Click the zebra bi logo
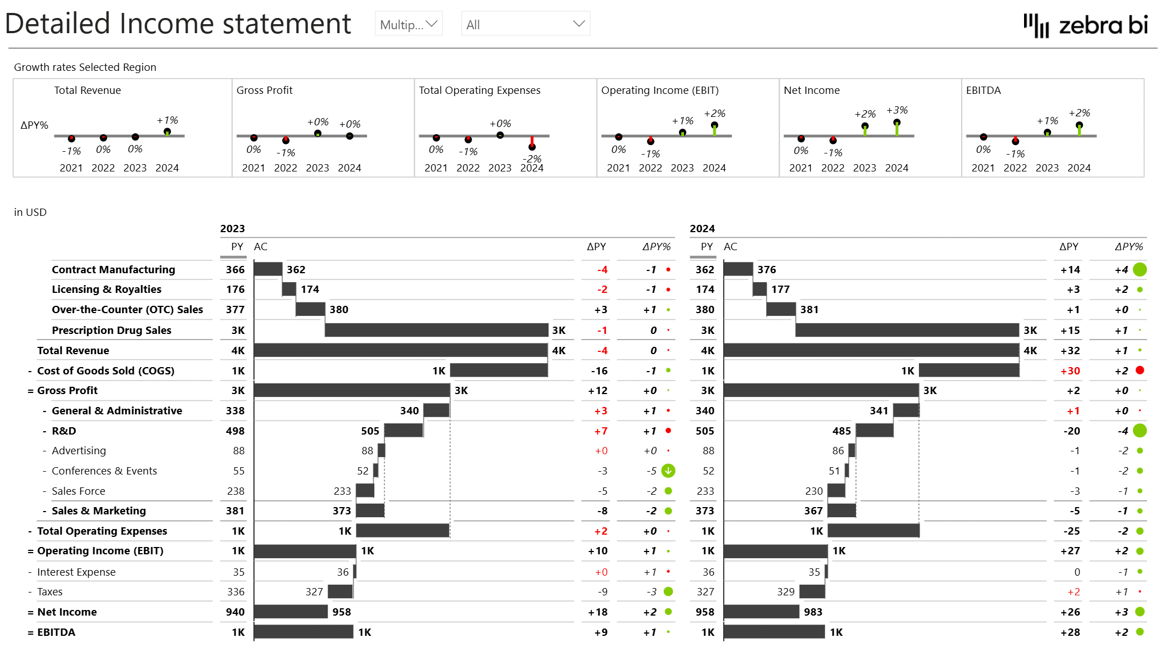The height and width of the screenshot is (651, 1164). pyautogui.click(x=1085, y=25)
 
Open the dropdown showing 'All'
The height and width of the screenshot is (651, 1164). pyautogui.click(x=525, y=24)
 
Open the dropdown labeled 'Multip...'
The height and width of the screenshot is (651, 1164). pyautogui.click(x=409, y=24)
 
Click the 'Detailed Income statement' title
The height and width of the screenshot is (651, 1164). pyautogui.click(x=178, y=24)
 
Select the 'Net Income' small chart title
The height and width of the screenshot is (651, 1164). pyautogui.click(x=811, y=90)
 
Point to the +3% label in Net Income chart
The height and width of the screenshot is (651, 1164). pyautogui.click(x=896, y=110)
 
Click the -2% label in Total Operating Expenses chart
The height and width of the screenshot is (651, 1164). pyautogui.click(x=532, y=159)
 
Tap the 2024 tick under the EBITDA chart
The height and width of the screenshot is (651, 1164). pyautogui.click(x=1079, y=168)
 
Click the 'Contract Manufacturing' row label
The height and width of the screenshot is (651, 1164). pyautogui.click(x=113, y=269)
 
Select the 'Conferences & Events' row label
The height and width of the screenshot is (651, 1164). pyautogui.click(x=104, y=471)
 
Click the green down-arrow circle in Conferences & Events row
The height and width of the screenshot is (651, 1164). pyautogui.click(x=668, y=471)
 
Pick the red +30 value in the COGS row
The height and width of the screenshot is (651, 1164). pyautogui.click(x=1070, y=370)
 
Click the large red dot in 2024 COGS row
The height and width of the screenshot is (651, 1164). pyautogui.click(x=1139, y=370)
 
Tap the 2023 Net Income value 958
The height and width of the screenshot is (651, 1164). pyautogui.click(x=341, y=612)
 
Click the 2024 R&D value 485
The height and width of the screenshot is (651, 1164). pyautogui.click(x=841, y=431)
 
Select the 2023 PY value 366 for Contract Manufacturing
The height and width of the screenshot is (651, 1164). pyautogui.click(x=235, y=269)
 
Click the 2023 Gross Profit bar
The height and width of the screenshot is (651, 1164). pyautogui.click(x=351, y=390)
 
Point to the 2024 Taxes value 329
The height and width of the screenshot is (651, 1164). pyautogui.click(x=785, y=591)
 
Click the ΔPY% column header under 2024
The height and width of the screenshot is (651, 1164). pyautogui.click(x=1128, y=246)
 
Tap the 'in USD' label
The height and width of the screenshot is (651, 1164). pyautogui.click(x=30, y=212)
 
